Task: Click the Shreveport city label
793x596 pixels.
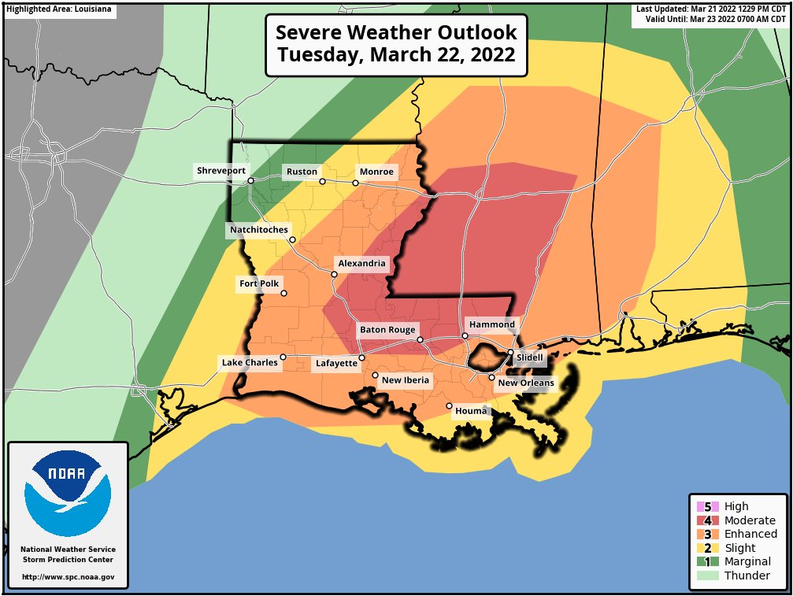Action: (221, 171)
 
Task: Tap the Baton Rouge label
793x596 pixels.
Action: (387, 330)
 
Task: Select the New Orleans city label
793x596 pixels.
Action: (525, 383)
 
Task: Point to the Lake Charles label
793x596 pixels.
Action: (250, 363)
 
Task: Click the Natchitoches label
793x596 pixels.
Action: (258, 230)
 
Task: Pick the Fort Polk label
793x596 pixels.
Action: (259, 284)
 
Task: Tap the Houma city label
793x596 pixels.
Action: (472, 411)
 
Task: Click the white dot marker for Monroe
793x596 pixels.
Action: (355, 183)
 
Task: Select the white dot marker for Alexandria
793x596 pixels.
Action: (334, 275)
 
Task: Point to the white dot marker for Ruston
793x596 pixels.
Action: (322, 181)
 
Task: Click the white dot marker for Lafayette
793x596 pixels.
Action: (361, 358)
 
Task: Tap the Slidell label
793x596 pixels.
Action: (529, 357)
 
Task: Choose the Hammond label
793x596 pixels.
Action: (492, 324)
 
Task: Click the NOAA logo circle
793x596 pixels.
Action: (68, 496)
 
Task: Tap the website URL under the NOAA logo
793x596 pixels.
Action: (68, 577)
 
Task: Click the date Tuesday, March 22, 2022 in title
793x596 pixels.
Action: (396, 55)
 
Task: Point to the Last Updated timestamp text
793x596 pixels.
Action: (711, 9)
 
